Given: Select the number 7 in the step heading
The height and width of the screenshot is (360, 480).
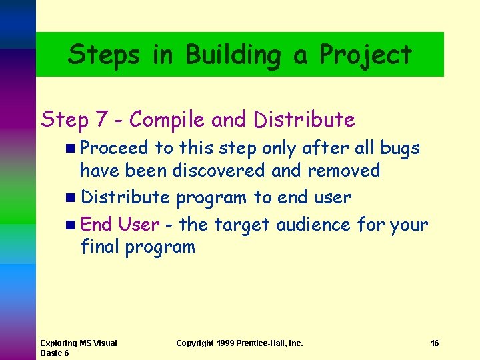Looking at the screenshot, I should [x=102, y=120].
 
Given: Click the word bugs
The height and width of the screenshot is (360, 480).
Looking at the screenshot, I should [x=399, y=147].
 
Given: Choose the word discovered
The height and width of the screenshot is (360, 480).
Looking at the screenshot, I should [x=219, y=171].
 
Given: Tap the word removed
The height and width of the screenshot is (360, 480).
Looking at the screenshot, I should [x=343, y=171].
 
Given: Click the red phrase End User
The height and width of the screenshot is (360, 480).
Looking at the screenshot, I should [x=120, y=224].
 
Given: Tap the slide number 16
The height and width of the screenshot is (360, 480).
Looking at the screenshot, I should [x=435, y=343].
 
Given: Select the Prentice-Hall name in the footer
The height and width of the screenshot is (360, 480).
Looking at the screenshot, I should [x=274, y=343].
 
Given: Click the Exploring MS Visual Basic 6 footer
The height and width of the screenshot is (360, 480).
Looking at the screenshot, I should [x=78, y=348].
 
